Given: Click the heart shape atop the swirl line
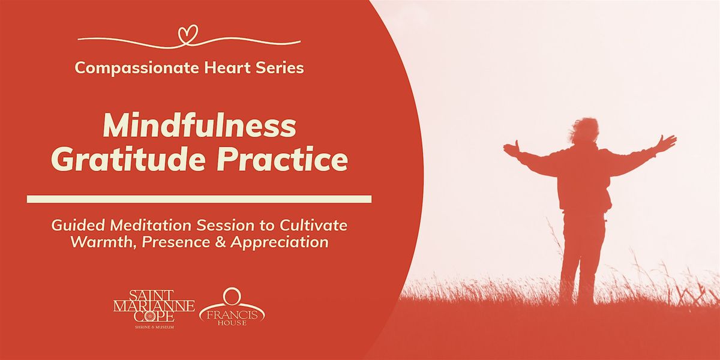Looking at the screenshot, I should (x=188, y=32).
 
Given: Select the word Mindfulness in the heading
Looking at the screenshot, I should (x=200, y=127).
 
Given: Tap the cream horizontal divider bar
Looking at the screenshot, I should (x=199, y=199).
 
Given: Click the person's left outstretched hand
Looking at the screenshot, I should (x=511, y=148).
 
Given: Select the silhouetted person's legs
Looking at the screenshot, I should (x=579, y=252).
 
